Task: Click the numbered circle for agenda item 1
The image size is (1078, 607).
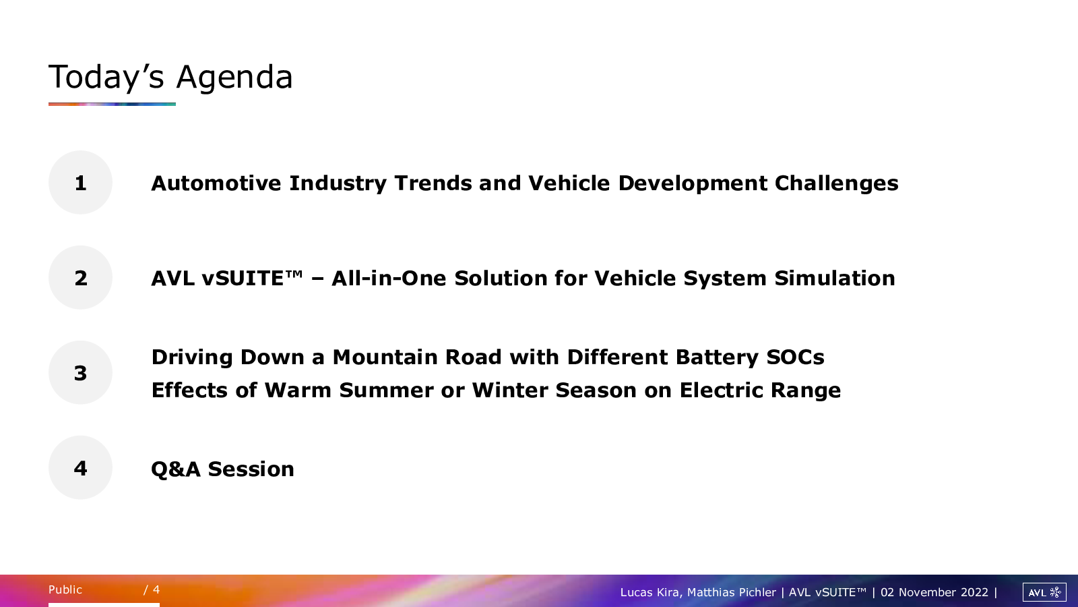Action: click(x=80, y=183)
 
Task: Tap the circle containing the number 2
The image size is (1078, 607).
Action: click(x=80, y=277)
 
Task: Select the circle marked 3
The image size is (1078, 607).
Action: click(x=80, y=372)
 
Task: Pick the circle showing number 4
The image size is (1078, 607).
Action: click(x=80, y=468)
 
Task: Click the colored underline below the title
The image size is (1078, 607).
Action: click(x=112, y=104)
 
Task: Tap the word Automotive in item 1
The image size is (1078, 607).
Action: click(x=216, y=183)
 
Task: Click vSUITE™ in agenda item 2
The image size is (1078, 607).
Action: click(x=252, y=278)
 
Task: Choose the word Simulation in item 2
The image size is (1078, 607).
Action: click(x=835, y=279)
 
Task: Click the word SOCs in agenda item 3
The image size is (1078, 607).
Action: click(x=795, y=357)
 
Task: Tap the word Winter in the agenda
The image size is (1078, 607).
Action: click(x=509, y=391)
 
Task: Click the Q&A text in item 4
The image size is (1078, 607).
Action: click(x=176, y=469)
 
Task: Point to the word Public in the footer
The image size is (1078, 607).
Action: click(x=65, y=589)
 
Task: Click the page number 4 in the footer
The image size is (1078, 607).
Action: click(x=156, y=589)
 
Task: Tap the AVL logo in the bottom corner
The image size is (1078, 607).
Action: click(x=1044, y=592)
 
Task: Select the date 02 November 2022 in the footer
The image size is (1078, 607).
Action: click(x=934, y=592)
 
